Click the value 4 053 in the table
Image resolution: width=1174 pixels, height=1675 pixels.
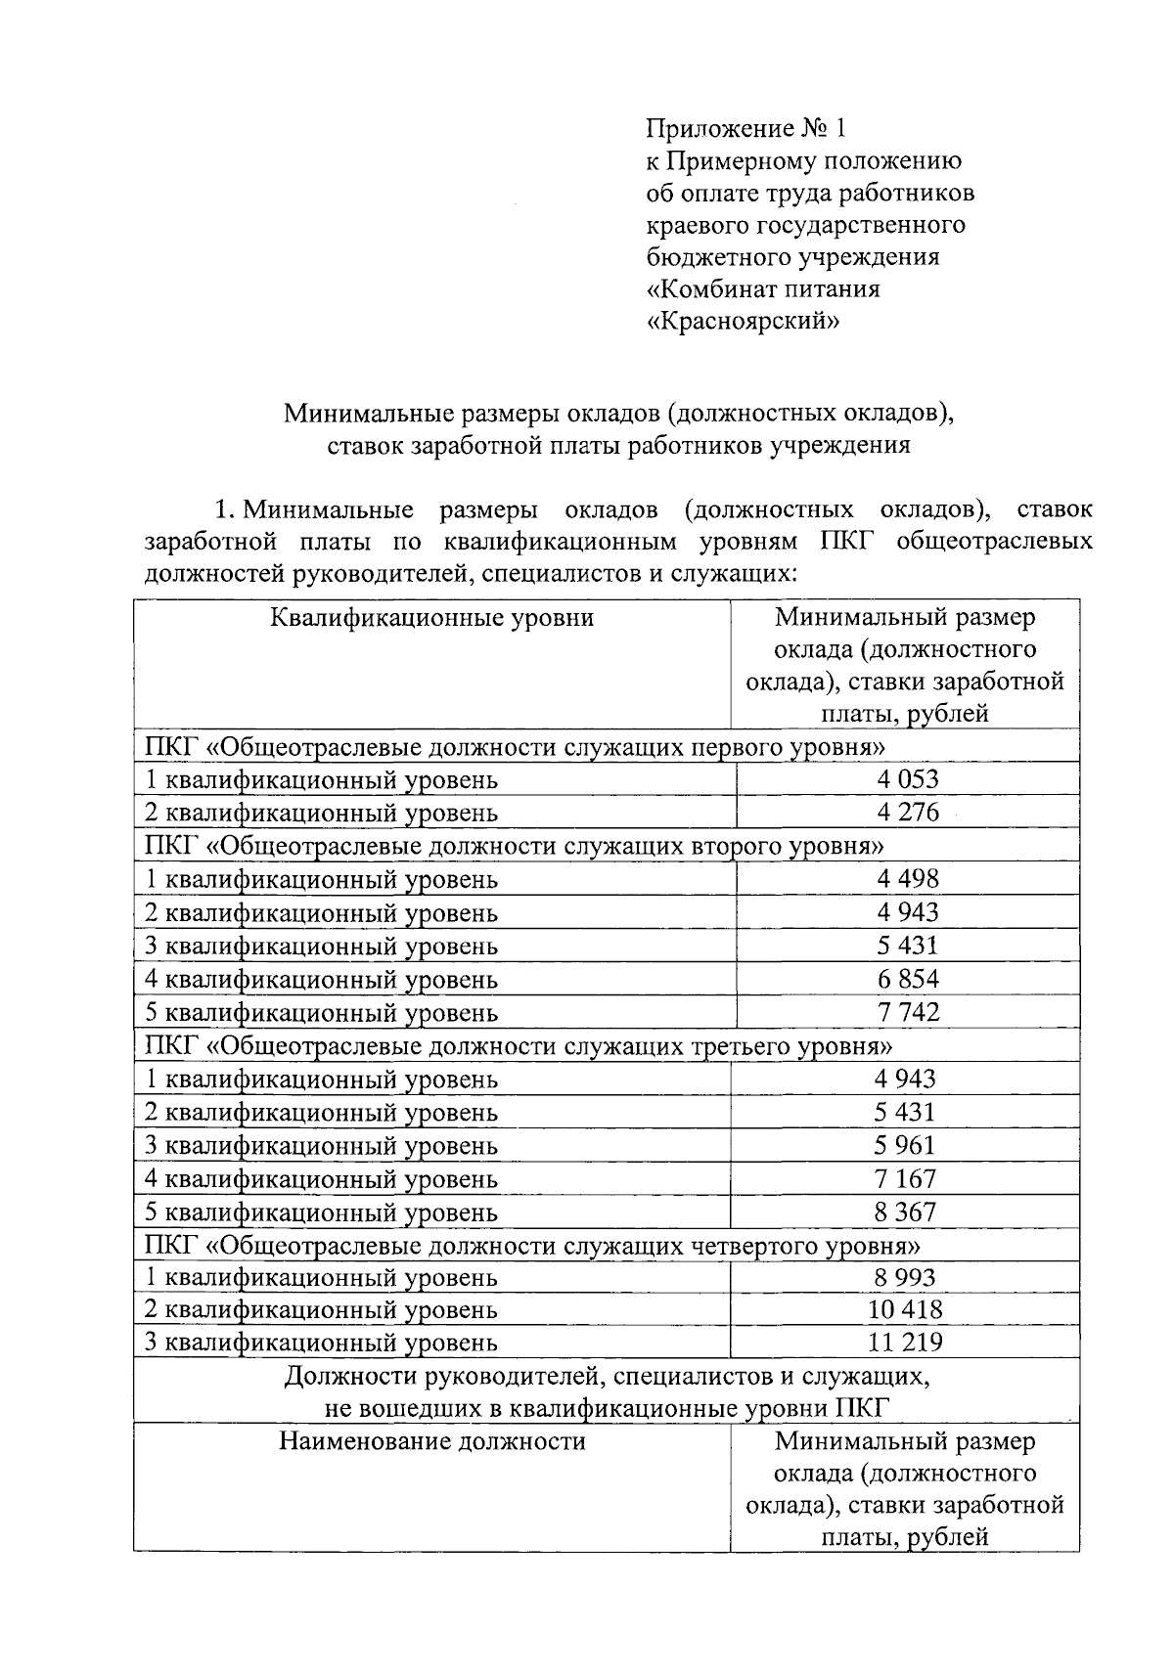[907, 779]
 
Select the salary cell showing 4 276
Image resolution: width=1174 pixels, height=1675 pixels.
[907, 813]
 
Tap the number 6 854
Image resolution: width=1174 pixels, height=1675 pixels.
[907, 979]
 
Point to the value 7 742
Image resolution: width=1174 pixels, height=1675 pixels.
[907, 1012]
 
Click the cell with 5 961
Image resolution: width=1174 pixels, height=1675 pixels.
[905, 1145]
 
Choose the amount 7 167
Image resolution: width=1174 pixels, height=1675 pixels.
[905, 1178]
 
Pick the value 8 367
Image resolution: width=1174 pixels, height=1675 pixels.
[905, 1212]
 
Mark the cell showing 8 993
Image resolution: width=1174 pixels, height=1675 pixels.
[905, 1277]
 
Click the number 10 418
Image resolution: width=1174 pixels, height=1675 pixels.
[905, 1309]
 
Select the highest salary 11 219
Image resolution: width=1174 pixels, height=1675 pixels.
[905, 1343]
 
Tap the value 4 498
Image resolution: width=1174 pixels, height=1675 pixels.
[907, 878]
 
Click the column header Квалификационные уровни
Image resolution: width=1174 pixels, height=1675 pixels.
[431, 618]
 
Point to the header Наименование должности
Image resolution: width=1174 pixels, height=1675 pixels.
[431, 1441]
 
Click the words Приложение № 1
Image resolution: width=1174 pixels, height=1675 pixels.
[744, 128]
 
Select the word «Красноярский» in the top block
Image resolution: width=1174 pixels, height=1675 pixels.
[744, 322]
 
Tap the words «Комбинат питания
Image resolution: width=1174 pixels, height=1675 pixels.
[764, 289]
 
